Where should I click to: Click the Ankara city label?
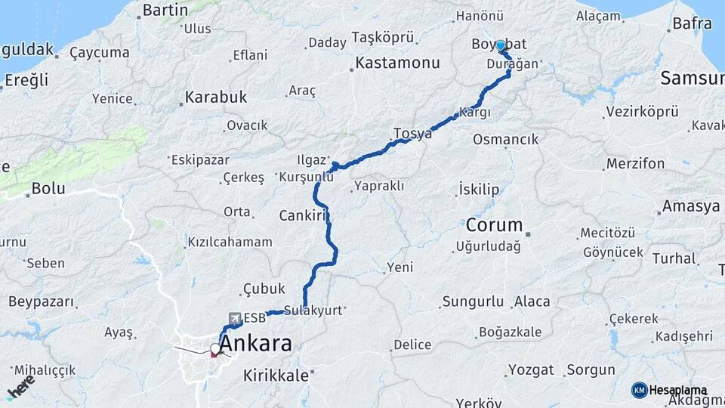point(255,344)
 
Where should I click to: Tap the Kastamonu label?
point(397,63)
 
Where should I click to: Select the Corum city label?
point(495,225)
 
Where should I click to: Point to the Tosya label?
point(412,134)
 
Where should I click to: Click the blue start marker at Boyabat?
point(500,45)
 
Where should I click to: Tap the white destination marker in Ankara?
point(215,349)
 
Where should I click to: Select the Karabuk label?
point(216,98)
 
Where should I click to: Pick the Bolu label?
point(48,188)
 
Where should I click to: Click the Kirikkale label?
point(276,376)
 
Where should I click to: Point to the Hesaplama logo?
point(670,390)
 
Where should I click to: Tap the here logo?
point(21,385)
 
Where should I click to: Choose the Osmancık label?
point(505,139)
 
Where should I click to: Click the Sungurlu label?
point(473,301)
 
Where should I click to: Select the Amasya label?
point(690,206)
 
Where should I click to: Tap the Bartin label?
point(165,10)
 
